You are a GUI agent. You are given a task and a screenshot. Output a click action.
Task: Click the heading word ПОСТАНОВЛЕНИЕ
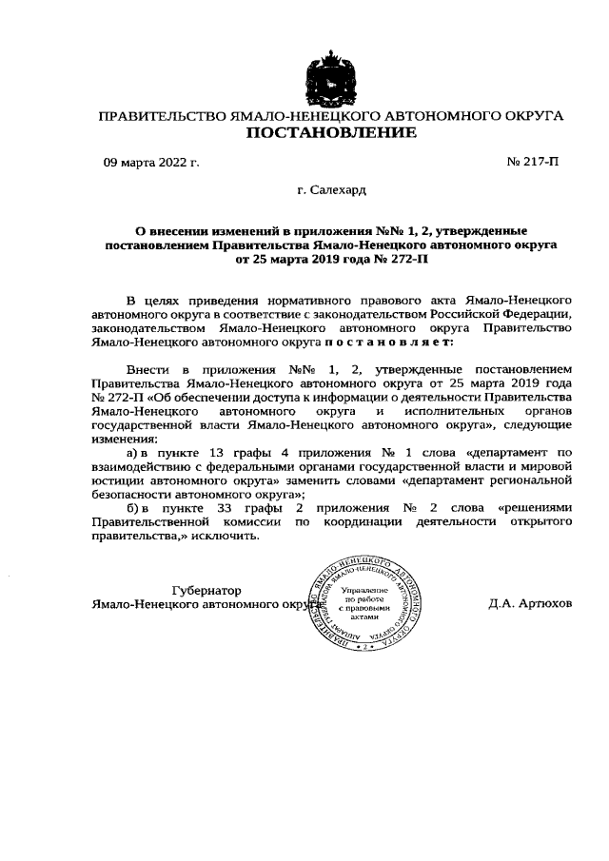[x=331, y=134]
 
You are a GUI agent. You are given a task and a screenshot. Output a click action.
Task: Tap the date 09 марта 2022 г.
[x=150, y=164]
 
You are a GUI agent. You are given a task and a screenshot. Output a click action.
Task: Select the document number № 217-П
[x=534, y=164]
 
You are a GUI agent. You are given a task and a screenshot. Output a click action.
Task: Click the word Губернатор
[x=206, y=590]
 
